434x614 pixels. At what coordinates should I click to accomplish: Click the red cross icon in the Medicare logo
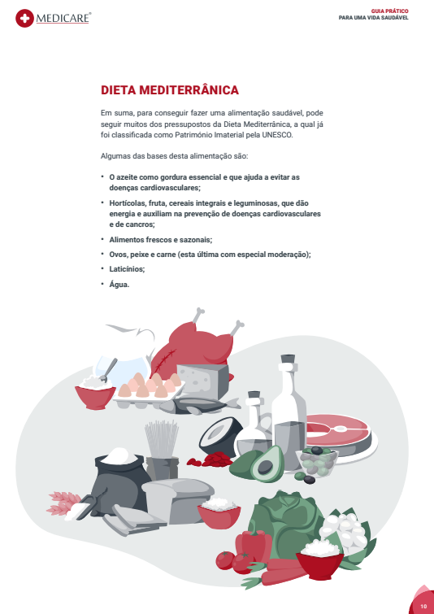[x=24, y=19]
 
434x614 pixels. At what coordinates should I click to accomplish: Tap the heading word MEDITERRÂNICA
[x=189, y=90]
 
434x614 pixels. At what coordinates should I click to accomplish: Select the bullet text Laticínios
[x=127, y=269]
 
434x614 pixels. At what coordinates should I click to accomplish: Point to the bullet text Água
[x=119, y=285]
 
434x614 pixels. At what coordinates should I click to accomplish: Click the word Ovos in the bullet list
[x=117, y=255]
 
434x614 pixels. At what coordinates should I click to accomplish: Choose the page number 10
[x=423, y=606]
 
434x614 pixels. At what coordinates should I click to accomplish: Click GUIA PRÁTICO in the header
[x=390, y=11]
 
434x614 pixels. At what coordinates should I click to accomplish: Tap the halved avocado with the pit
[x=266, y=464]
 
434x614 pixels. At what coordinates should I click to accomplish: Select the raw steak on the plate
[x=339, y=432]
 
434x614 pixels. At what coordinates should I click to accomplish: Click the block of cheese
[x=202, y=380]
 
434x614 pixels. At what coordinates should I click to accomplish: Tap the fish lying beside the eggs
[x=200, y=405]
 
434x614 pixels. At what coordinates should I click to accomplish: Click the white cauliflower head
[x=344, y=531]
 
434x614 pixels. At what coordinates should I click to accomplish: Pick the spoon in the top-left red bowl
[x=109, y=370]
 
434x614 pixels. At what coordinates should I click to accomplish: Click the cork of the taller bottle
[x=288, y=359]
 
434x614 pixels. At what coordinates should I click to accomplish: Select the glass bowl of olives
[x=316, y=461]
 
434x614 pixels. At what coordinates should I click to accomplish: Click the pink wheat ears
[x=63, y=503]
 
